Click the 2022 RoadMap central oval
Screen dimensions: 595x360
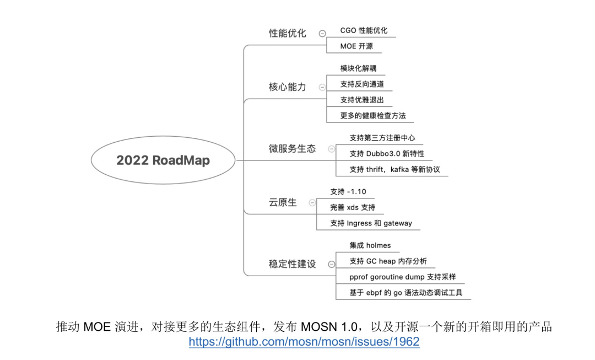tap(163, 160)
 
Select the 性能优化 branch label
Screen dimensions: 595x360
tap(287, 33)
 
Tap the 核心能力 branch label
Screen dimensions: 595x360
tap(287, 87)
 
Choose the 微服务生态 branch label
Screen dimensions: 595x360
tap(292, 148)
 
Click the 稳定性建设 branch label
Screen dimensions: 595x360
tap(292, 264)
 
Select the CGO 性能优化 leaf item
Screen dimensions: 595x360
tap(364, 30)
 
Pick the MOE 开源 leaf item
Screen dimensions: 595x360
tap(356, 46)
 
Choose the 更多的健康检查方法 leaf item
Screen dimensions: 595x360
tap(373, 116)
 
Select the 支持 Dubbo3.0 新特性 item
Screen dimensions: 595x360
tap(387, 153)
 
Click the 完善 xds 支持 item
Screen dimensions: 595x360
tap(353, 207)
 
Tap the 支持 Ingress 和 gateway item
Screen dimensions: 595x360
tap(371, 223)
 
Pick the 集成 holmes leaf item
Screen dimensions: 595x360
tap(370, 245)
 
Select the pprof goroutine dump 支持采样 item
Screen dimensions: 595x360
tap(402, 277)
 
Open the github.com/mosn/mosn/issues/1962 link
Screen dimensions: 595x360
tap(304, 342)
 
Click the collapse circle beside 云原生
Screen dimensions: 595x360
tap(312, 203)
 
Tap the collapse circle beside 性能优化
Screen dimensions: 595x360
tap(322, 34)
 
